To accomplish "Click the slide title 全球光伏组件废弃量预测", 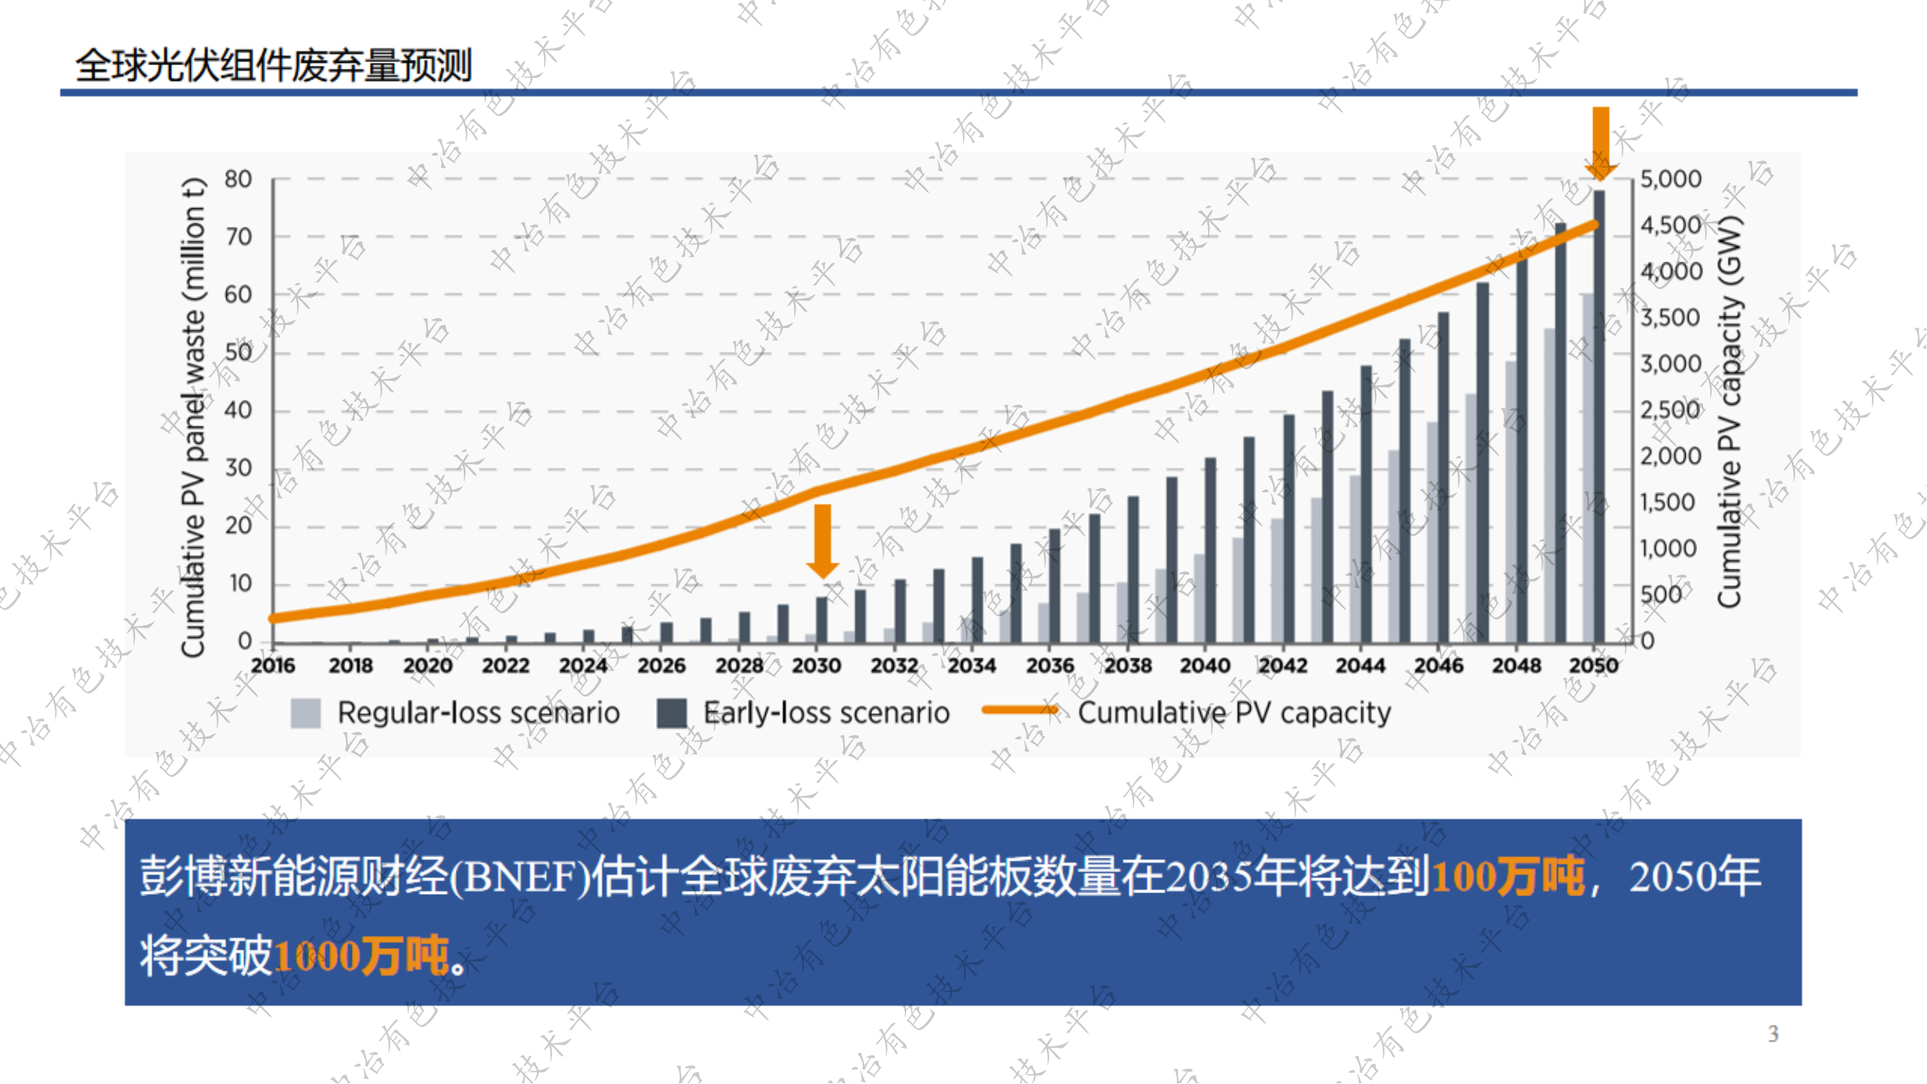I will point(273,66).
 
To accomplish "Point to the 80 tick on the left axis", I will point(238,179).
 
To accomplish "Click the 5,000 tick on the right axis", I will point(1671,179).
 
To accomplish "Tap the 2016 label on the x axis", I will point(273,665).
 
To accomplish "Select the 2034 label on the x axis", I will point(972,665).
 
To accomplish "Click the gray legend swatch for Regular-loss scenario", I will point(305,713).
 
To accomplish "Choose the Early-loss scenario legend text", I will point(826,713).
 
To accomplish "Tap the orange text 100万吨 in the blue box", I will point(1507,876).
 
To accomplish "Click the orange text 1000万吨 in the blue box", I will point(361,955).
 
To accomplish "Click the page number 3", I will point(1773,1034).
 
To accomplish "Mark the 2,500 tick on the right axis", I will point(1671,410).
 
